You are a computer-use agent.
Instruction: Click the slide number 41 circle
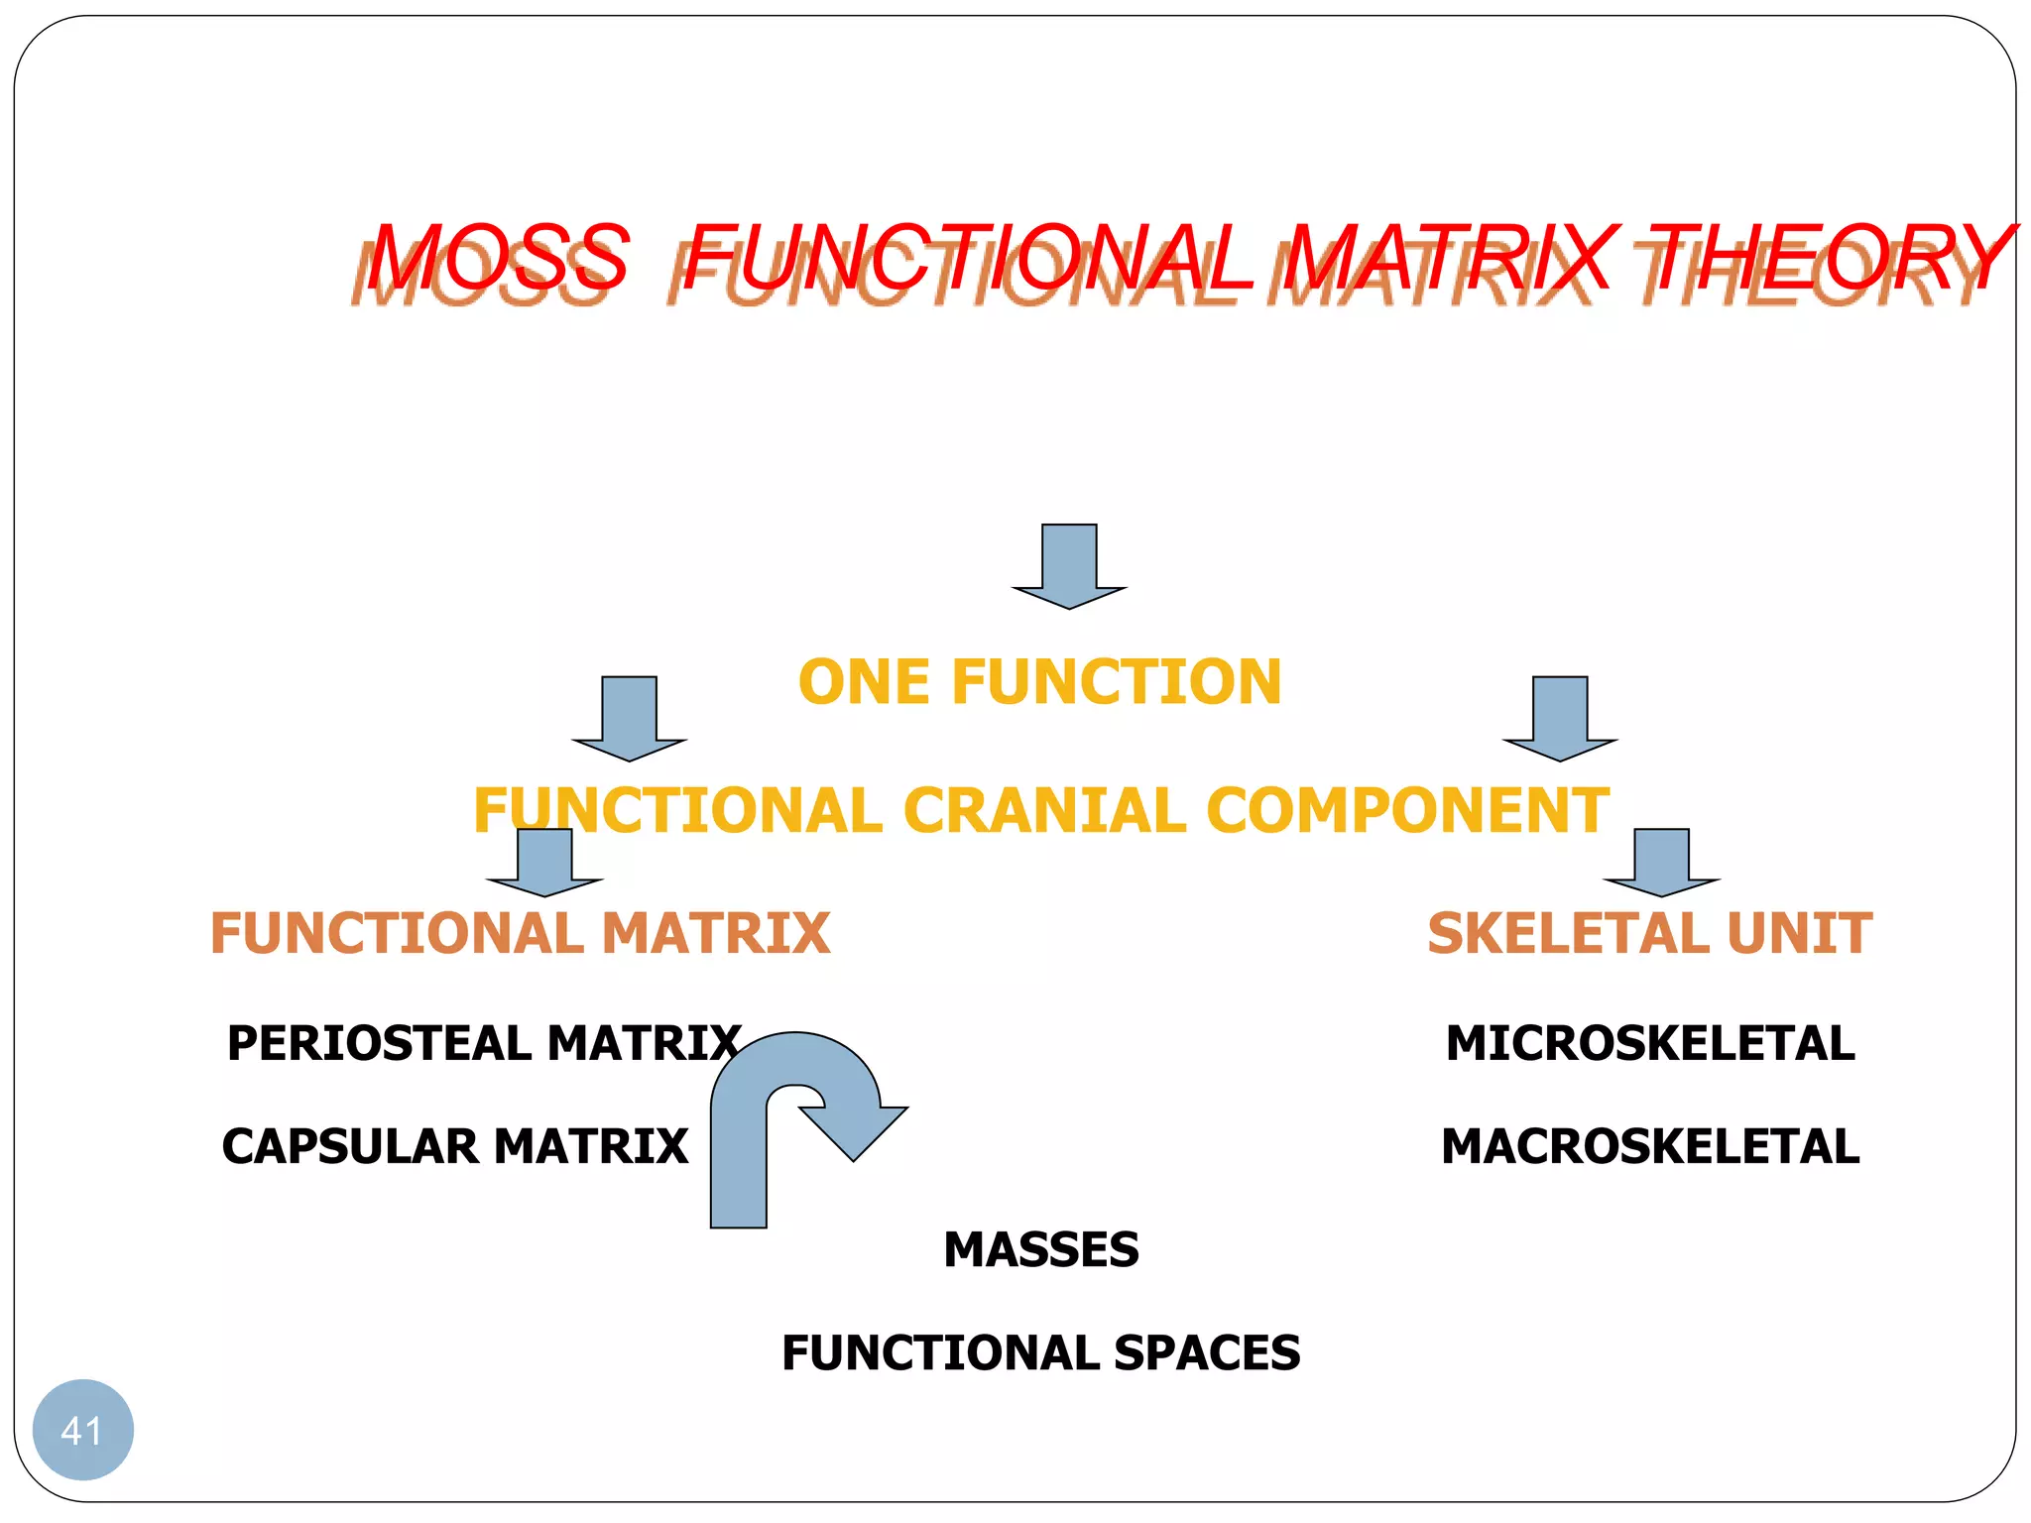(x=82, y=1430)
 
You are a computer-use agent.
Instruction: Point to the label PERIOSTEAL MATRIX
(x=484, y=1043)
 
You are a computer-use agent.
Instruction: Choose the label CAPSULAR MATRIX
(x=455, y=1146)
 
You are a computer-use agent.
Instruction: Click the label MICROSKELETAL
(x=1650, y=1043)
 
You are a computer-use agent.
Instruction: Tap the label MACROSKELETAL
(x=1650, y=1146)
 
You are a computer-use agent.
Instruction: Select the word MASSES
(x=1041, y=1249)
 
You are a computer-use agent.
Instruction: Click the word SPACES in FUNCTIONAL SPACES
(x=1206, y=1353)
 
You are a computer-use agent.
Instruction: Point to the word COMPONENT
(x=1408, y=811)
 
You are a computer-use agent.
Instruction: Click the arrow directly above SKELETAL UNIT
(x=1661, y=861)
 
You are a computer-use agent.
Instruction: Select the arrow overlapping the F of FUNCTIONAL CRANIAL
(x=544, y=861)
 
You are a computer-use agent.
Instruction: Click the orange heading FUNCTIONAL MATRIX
(x=520, y=934)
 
